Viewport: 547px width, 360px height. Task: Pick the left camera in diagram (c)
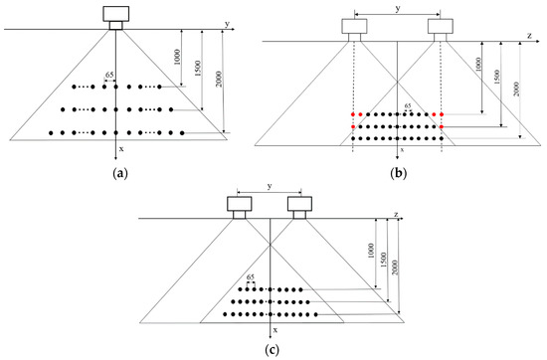point(239,207)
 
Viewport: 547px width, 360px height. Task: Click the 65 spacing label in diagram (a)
point(110,75)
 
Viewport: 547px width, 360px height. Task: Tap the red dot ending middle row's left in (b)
point(353,126)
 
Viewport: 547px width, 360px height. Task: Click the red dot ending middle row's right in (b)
point(442,126)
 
